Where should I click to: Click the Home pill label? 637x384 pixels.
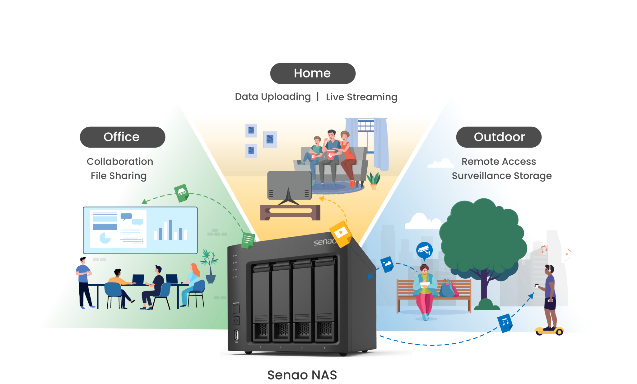[x=313, y=73]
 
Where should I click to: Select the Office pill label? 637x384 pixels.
[x=122, y=137]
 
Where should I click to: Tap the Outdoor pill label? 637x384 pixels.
[x=499, y=137]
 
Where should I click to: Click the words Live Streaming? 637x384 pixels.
[x=361, y=97]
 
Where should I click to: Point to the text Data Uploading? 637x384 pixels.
[x=273, y=97]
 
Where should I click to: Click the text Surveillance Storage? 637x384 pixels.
[x=501, y=176]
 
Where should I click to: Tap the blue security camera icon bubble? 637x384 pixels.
[x=424, y=250]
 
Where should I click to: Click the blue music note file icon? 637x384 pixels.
[x=504, y=322]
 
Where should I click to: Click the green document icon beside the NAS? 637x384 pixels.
[x=248, y=240]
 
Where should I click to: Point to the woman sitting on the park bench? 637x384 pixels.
[x=425, y=290]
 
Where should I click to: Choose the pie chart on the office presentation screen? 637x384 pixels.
[x=105, y=238]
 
